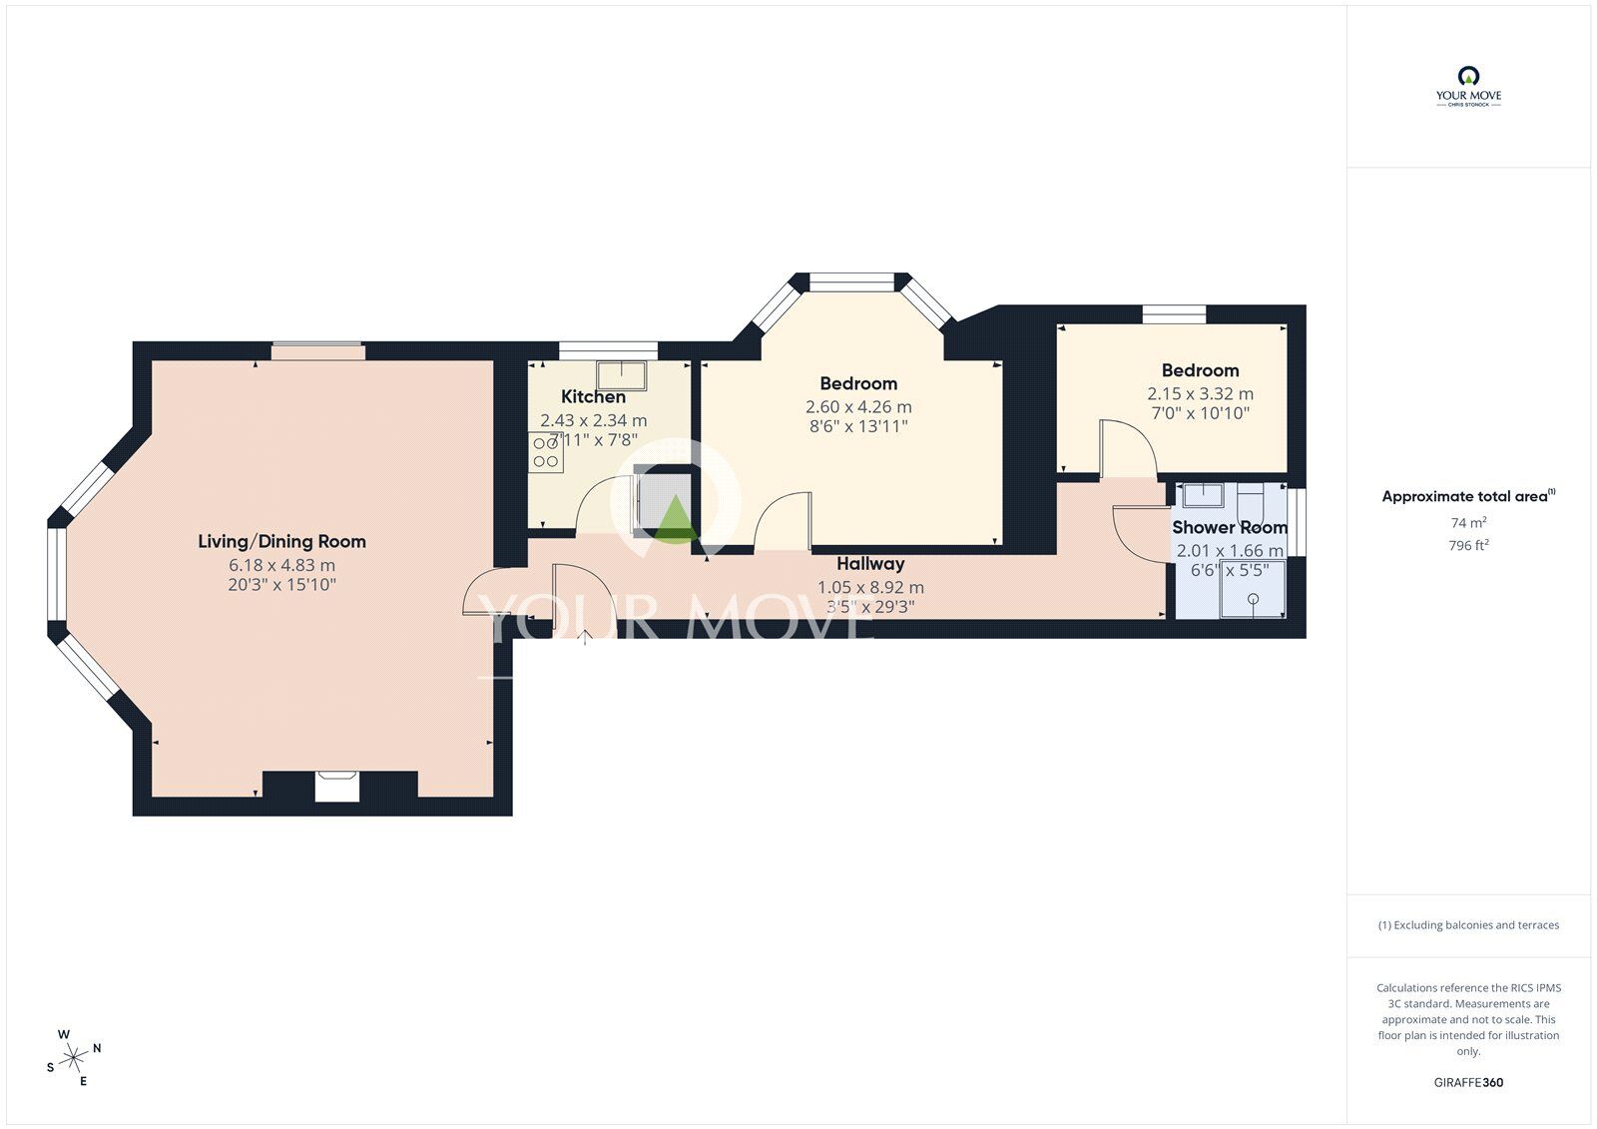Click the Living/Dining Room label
[281, 542]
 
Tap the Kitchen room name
[593, 397]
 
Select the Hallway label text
[869, 564]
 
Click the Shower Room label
[1229, 527]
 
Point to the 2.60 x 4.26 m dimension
[858, 407]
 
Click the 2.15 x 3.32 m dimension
[1200, 394]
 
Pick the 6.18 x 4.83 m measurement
[281, 566]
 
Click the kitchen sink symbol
[621, 375]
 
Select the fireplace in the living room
[335, 786]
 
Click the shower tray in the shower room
[1253, 589]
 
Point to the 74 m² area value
[1468, 523]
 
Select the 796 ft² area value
[1468, 546]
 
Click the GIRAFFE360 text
[1468, 1082]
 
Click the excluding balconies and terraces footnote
[1468, 925]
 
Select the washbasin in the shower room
[1203, 494]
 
